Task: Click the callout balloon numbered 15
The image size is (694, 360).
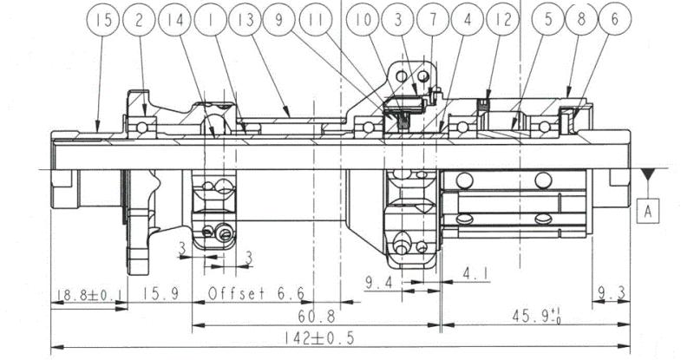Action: (x=103, y=19)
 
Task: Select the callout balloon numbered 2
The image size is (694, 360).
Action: (x=139, y=19)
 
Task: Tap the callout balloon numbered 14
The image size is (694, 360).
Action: (x=174, y=19)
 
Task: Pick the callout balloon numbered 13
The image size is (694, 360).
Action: (x=246, y=19)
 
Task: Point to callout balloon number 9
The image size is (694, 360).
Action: (x=278, y=19)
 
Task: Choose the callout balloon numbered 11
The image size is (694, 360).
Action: (x=316, y=19)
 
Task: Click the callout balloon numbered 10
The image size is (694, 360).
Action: (x=363, y=19)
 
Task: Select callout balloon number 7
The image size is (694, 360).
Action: (x=433, y=19)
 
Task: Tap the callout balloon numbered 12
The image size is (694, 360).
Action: (x=502, y=19)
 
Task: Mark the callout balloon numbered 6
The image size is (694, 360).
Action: (x=615, y=19)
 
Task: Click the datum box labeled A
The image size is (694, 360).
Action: (x=648, y=211)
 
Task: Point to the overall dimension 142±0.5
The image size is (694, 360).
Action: (x=319, y=338)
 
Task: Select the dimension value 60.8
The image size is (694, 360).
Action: (x=317, y=317)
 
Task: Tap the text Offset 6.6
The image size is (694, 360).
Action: (x=257, y=293)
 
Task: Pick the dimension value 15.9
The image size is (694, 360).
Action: (x=160, y=293)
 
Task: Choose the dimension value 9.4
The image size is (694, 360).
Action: (x=379, y=283)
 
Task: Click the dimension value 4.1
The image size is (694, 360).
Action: (x=475, y=274)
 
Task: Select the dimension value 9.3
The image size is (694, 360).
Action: (x=612, y=292)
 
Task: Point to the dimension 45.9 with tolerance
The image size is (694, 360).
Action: (x=536, y=317)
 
